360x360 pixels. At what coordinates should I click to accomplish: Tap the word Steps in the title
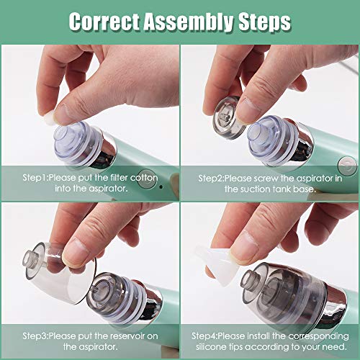(263, 21)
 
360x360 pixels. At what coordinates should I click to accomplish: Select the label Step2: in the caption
(212, 176)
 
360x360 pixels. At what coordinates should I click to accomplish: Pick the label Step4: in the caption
(211, 336)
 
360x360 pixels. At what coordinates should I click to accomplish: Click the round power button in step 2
(348, 165)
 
